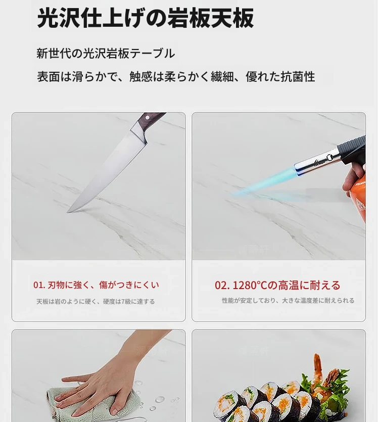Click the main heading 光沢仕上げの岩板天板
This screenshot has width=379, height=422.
click(x=146, y=18)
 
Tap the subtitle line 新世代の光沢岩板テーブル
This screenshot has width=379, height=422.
click(x=106, y=53)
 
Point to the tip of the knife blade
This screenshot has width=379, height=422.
click(x=67, y=212)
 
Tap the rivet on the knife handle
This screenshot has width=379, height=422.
click(x=147, y=118)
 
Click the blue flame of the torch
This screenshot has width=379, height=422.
click(x=264, y=181)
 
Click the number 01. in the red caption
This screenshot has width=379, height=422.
click(x=39, y=285)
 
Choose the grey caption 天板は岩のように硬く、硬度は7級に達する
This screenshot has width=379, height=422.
click(x=96, y=301)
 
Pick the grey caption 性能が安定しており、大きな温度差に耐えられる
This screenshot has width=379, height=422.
click(x=288, y=300)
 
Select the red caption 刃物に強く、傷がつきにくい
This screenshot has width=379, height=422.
click(x=104, y=285)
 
